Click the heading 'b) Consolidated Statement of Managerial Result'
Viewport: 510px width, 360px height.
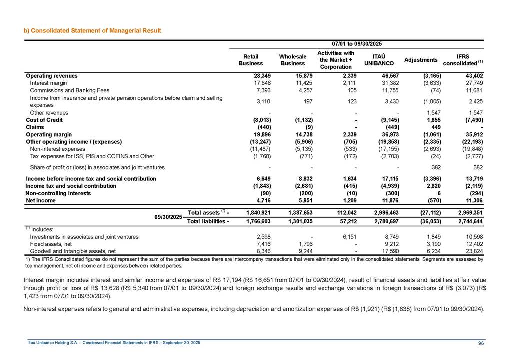[x=93, y=31]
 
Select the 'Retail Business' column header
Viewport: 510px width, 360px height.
[x=250, y=60]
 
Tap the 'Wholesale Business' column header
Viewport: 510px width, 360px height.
[x=293, y=60]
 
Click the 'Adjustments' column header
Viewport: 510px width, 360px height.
[x=421, y=60]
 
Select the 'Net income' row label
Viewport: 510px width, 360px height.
[x=40, y=201]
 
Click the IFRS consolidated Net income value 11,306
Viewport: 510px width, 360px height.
[x=473, y=201]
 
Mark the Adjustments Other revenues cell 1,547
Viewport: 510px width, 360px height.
[x=428, y=113]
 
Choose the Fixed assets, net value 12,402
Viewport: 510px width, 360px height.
[x=473, y=244]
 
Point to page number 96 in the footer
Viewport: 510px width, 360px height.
[x=481, y=343]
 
